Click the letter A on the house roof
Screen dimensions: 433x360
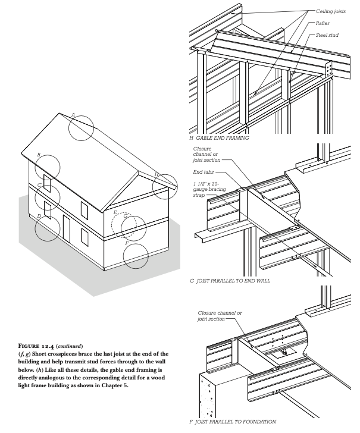[73, 114]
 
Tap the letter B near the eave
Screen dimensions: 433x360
[39, 155]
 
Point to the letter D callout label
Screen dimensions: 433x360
[39, 216]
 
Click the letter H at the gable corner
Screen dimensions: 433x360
[156, 174]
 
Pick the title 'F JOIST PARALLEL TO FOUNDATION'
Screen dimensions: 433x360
[233, 422]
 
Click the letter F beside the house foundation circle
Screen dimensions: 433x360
[127, 244]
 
